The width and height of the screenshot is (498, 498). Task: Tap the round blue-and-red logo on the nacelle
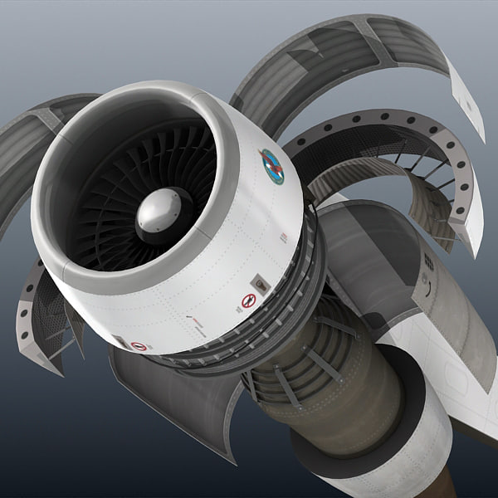[x=271, y=166]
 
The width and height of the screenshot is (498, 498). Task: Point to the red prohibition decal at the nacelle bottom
[x=139, y=345]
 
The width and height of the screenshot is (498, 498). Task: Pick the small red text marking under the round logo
[x=284, y=238]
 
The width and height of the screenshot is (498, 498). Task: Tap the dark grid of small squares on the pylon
[x=429, y=263]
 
